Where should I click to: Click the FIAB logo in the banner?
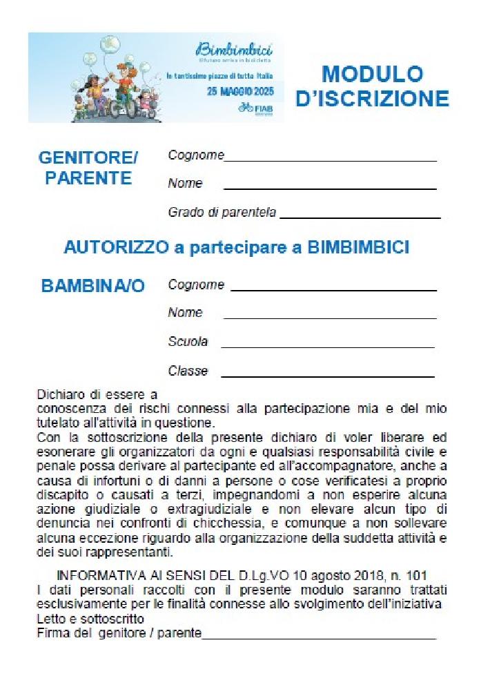(255, 108)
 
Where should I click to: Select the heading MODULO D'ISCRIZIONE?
(372, 86)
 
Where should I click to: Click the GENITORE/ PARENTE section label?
(88, 168)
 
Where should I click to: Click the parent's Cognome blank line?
(331, 160)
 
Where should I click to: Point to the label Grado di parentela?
(222, 213)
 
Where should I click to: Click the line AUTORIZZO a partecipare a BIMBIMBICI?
(236, 248)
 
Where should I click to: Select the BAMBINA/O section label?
(93, 286)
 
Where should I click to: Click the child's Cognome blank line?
(333, 290)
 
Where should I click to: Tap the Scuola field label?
(188, 342)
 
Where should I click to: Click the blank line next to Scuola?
(327, 347)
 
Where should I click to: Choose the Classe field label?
(188, 372)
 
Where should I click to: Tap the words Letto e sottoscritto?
(90, 619)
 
